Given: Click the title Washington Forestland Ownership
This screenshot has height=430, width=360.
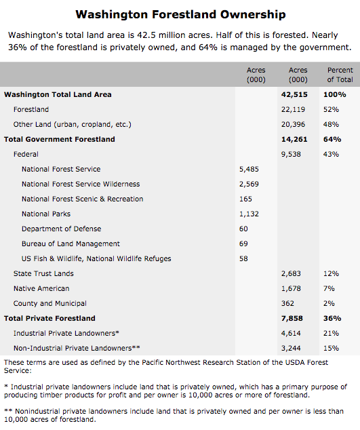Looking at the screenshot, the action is (x=180, y=14).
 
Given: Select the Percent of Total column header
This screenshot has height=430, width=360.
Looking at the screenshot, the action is (x=340, y=75).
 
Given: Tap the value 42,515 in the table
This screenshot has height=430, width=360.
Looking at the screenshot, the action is (x=294, y=94).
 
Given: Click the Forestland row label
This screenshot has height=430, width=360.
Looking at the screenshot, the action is (x=31, y=109).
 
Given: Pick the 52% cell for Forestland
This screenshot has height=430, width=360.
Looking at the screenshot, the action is (x=331, y=109).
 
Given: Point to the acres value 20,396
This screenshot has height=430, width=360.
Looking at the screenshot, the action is (x=293, y=125).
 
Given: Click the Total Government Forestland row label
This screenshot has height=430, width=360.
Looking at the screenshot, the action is (x=60, y=139).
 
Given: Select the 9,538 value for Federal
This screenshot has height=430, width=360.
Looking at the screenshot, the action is (x=291, y=155).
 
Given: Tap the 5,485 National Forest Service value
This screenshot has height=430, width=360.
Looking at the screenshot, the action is (x=249, y=169).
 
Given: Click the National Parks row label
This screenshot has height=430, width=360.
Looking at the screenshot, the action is (x=46, y=214).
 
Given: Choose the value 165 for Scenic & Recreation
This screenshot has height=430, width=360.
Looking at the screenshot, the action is (x=245, y=199).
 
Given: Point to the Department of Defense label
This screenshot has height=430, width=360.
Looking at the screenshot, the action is (x=62, y=229).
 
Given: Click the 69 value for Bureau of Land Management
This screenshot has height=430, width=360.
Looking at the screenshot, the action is (x=243, y=243).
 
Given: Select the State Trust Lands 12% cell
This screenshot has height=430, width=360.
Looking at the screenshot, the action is (x=331, y=274).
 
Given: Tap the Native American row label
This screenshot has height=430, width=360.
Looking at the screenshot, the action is (x=41, y=288).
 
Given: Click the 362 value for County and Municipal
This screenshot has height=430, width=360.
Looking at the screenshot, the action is (x=287, y=304).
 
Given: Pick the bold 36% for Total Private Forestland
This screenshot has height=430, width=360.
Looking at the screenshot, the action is (x=332, y=318).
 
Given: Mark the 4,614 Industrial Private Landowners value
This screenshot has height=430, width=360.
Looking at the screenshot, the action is (x=291, y=334).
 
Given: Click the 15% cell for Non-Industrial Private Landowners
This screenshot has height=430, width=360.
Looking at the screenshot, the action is (x=331, y=349).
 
